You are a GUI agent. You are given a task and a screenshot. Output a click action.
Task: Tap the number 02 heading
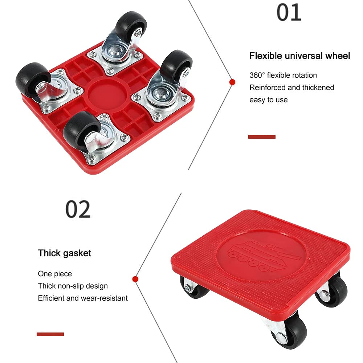click(78, 209)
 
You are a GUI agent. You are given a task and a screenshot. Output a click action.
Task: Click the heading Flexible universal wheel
click(299, 56)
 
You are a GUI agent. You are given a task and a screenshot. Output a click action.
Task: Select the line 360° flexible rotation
click(283, 76)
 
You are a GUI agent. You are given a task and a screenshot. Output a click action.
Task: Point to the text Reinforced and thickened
click(291, 87)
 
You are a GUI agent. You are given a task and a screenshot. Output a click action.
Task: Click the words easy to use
click(268, 100)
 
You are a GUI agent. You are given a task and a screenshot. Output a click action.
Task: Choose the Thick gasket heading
click(65, 253)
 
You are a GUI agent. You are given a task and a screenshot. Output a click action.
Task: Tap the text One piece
click(55, 274)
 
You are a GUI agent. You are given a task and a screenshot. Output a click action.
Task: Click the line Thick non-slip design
click(73, 286)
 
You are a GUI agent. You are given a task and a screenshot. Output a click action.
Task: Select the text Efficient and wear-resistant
click(83, 298)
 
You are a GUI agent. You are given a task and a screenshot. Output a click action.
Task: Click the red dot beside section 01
click(232, 82)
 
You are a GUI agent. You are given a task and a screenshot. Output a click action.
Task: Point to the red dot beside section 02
click(135, 279)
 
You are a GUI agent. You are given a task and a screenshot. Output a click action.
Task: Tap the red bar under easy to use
click(262, 137)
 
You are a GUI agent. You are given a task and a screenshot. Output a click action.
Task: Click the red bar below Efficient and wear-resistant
click(50, 334)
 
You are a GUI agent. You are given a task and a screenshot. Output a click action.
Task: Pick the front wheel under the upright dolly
click(290, 331)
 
